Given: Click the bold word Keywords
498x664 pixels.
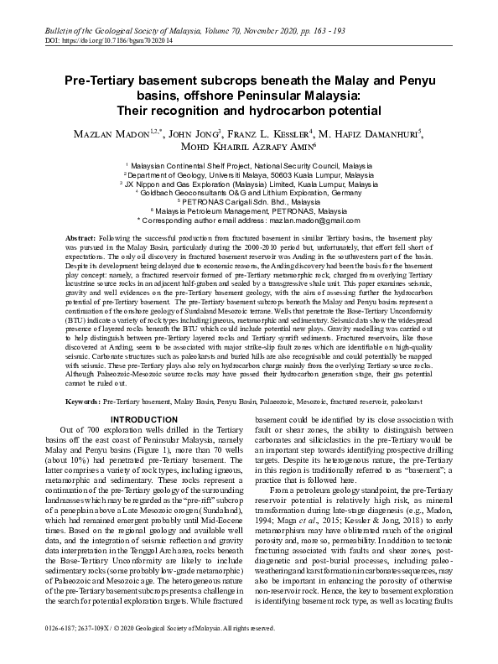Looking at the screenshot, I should click(85, 402).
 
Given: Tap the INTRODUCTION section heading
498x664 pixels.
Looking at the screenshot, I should click(144, 419).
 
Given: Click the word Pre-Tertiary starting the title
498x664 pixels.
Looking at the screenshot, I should click(100, 82).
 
